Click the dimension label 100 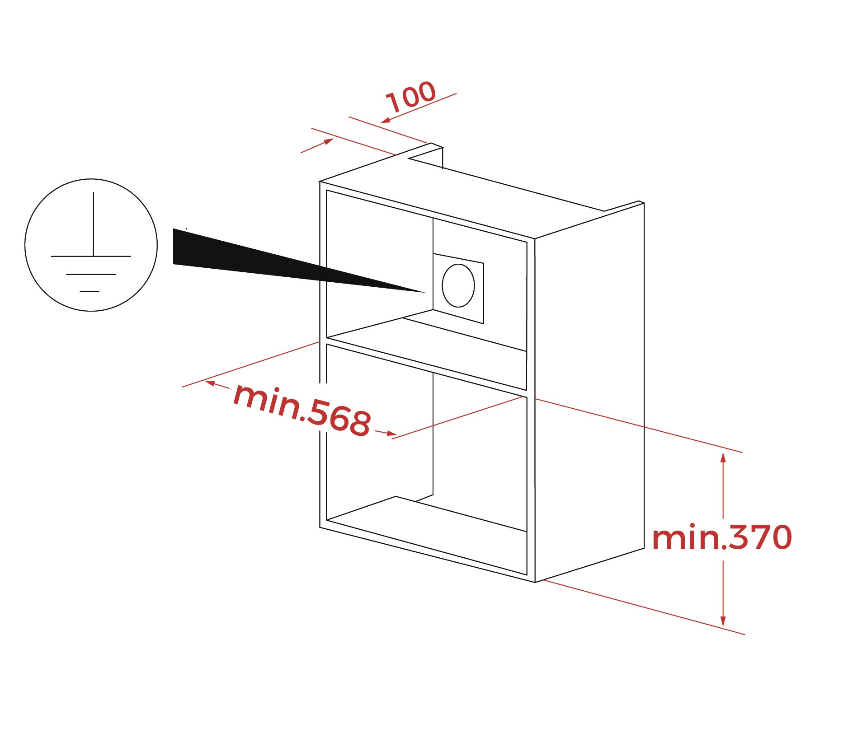[411, 97]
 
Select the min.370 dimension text [722, 537]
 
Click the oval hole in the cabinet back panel [458, 285]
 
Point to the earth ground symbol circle [91, 245]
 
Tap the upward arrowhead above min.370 [723, 457]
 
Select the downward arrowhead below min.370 [723, 621]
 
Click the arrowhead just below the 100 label [386, 120]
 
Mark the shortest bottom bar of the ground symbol [89, 291]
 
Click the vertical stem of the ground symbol [94, 224]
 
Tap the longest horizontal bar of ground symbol [91, 257]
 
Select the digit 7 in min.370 [758, 537]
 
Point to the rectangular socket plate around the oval [458, 289]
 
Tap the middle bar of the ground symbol [91, 274]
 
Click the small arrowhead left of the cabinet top [329, 141]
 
